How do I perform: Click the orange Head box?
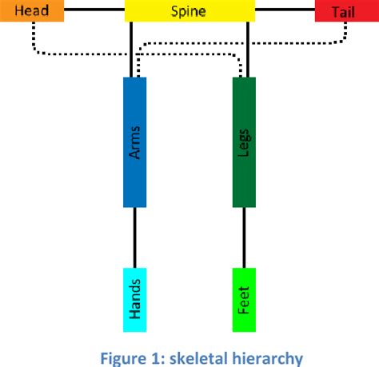pos(31,11)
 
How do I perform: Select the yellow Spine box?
pos(190,11)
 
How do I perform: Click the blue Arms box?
pos(134,142)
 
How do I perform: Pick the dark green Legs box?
pos(243,142)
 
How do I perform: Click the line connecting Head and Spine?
pos(94,10)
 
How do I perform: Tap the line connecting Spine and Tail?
pos(285,10)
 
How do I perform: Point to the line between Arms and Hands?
pos(134,237)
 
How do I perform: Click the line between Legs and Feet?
pos(243,237)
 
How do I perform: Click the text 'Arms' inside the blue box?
pos(134,142)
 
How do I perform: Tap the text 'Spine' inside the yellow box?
pos(190,11)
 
